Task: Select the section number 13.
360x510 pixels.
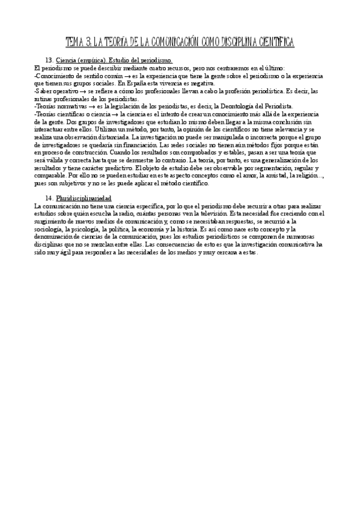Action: click(49, 61)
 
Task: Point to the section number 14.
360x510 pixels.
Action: click(49, 198)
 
